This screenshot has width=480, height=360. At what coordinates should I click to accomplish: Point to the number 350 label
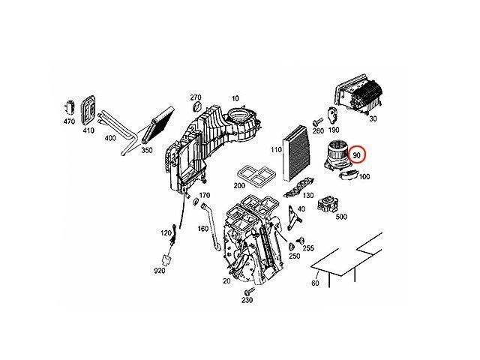coord(146,150)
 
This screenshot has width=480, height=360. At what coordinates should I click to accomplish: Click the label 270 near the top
coord(195,97)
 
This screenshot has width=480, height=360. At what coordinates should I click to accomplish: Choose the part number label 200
coord(239,184)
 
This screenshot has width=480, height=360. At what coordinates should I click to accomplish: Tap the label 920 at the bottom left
coord(159,270)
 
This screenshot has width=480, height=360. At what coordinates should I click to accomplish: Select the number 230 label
coord(247,301)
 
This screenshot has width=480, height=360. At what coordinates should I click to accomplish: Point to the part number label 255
coord(307,248)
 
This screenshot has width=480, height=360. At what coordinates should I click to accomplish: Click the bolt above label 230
coord(247,289)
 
